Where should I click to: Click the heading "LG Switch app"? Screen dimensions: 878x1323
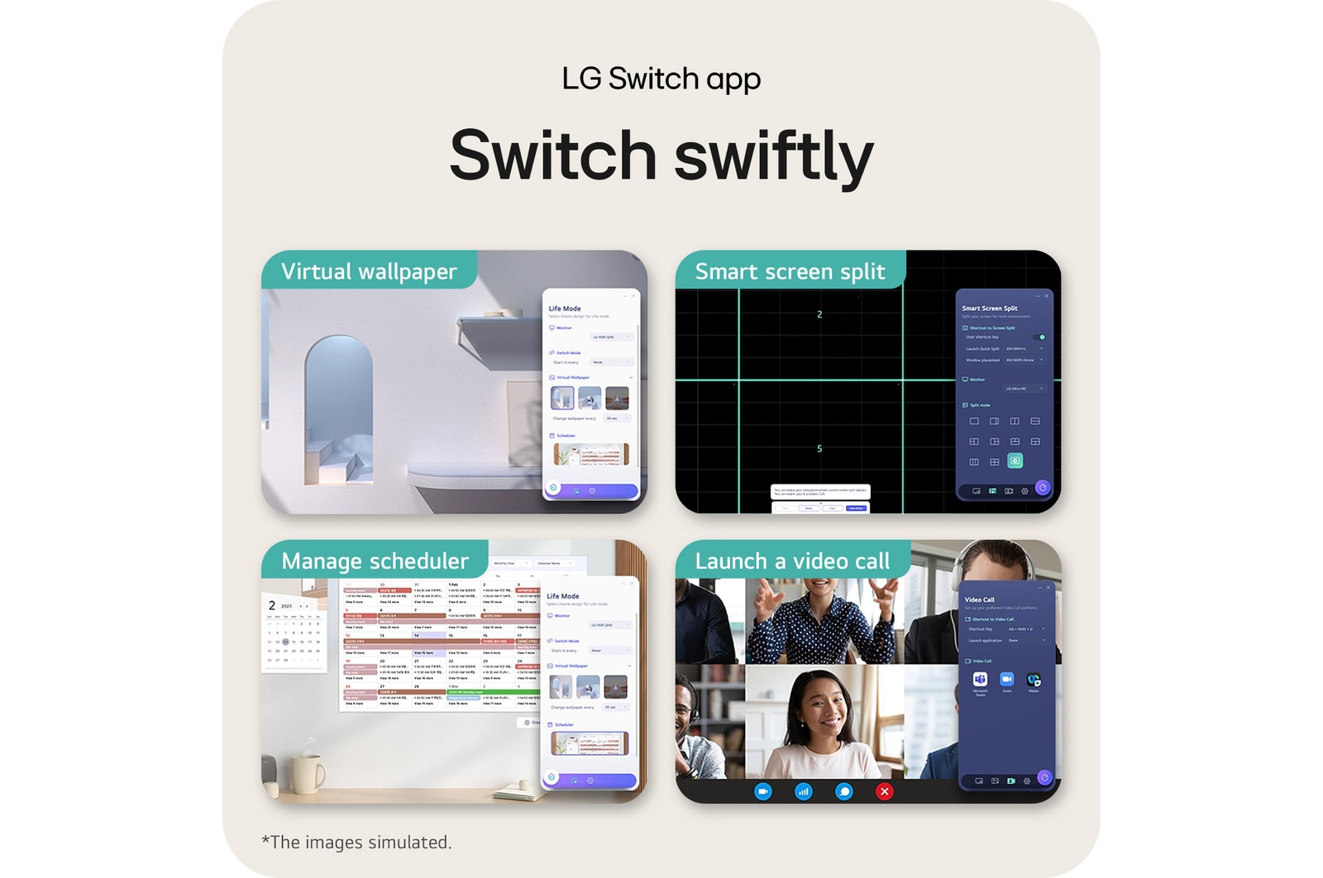coord(661,79)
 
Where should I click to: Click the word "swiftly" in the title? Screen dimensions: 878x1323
coord(774,157)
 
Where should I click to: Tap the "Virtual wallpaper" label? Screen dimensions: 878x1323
coord(369,271)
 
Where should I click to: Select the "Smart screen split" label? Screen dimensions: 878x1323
coord(790,271)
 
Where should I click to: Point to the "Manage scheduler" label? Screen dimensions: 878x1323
coord(375,561)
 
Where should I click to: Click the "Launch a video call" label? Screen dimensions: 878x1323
coord(792,561)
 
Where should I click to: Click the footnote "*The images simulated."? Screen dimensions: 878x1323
coord(356,842)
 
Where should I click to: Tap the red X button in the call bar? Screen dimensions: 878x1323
coord(884,791)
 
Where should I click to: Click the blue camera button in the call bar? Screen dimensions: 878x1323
coord(763,791)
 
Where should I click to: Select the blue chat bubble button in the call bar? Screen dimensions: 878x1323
coord(843,791)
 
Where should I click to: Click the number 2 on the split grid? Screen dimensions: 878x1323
coord(819,314)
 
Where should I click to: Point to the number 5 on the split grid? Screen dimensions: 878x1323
coord(819,449)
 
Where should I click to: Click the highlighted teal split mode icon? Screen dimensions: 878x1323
coord(1015,460)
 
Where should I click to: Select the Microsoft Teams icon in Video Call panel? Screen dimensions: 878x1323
coord(980,680)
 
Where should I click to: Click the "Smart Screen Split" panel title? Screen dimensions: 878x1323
coord(990,308)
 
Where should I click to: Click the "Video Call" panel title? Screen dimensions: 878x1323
coord(979,599)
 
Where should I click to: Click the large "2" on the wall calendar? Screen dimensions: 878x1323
coord(272,606)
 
